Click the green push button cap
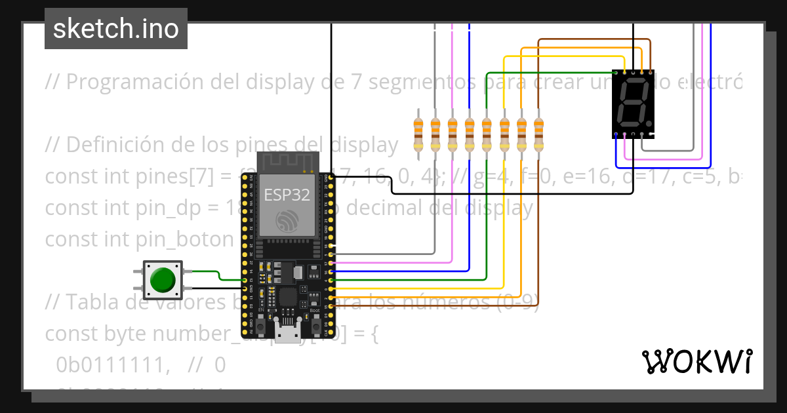(x=163, y=280)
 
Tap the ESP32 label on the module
(x=287, y=195)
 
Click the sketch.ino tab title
(x=115, y=29)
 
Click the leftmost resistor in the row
(x=418, y=134)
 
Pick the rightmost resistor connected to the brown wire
(x=538, y=134)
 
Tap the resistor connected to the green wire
(x=487, y=134)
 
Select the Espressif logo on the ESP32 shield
(x=287, y=221)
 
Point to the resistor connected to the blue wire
(x=469, y=134)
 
